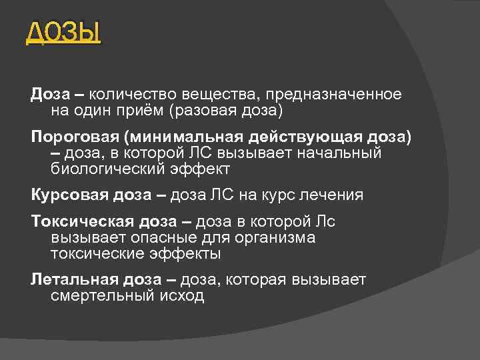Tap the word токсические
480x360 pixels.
tap(96, 254)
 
